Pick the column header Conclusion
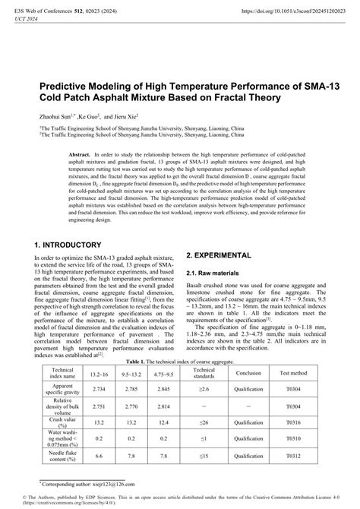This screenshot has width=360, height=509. pos(248,374)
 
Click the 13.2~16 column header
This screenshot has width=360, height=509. pos(99,374)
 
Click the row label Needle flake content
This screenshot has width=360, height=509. pos(62,456)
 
